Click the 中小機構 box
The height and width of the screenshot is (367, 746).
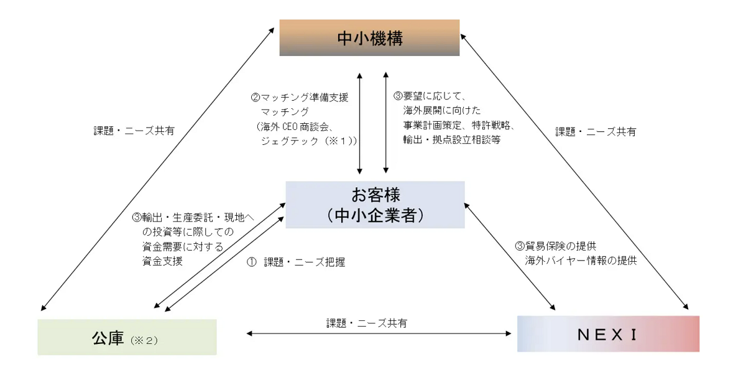[x=369, y=38]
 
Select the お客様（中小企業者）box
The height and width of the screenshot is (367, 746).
[x=375, y=205]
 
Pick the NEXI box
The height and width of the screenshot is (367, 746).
[x=607, y=334]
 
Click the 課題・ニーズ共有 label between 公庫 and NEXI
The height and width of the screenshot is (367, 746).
[x=367, y=323]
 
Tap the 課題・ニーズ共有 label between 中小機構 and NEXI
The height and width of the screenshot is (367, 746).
[x=596, y=132]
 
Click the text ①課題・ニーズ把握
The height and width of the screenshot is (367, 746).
[x=296, y=262]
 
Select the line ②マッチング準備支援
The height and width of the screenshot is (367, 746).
[x=300, y=98]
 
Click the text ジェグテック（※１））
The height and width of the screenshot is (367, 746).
[x=309, y=141]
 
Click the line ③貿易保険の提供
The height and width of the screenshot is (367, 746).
[x=556, y=246]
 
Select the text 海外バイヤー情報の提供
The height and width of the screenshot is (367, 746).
[x=581, y=261]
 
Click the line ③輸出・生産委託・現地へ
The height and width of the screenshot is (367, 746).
[x=193, y=218]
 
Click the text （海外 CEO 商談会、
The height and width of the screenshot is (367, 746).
[x=296, y=126]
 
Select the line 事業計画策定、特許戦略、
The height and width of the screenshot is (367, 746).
[x=458, y=126]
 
